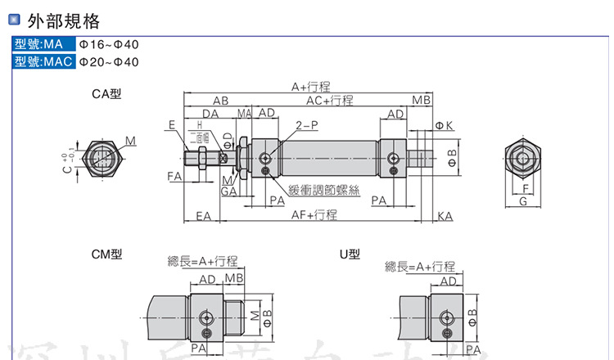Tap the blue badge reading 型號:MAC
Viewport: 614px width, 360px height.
43,61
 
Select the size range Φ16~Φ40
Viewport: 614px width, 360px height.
109,45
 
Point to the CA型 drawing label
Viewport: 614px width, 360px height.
106,94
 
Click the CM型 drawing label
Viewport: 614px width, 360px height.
106,254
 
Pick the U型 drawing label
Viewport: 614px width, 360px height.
350,254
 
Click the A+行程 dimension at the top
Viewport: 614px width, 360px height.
311,87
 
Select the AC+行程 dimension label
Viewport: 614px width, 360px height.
329,100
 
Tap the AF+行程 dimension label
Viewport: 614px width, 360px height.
314,215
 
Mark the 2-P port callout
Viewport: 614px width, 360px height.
305,125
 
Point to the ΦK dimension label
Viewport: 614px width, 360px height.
445,124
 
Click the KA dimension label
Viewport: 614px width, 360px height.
445,216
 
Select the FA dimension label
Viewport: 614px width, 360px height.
174,176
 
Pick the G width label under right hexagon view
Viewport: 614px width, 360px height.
523,201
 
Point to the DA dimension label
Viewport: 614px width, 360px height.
210,113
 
